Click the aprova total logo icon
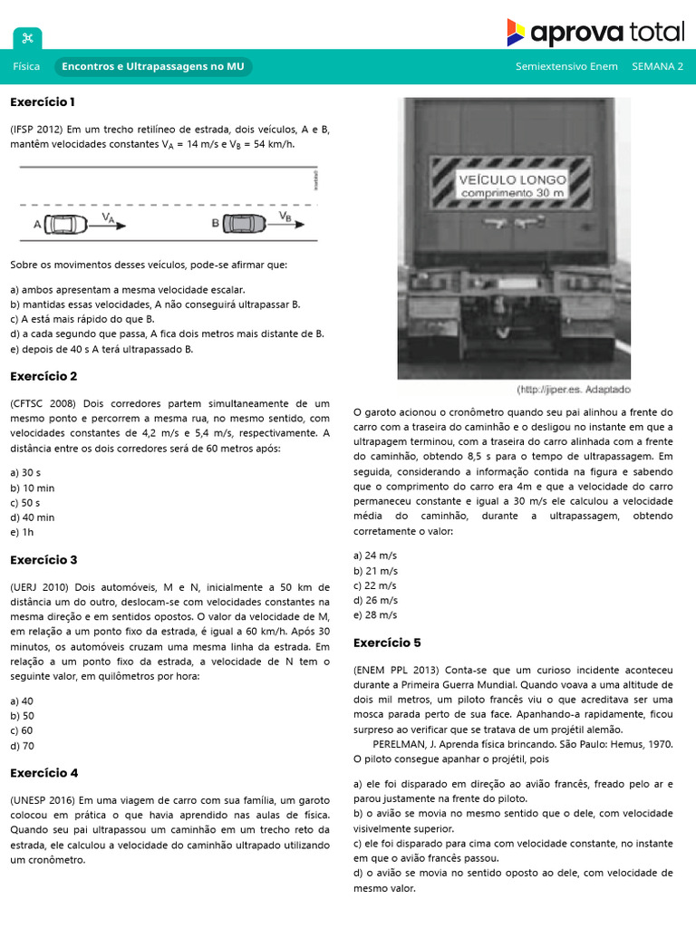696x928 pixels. click(515, 32)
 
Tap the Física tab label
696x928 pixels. click(26, 67)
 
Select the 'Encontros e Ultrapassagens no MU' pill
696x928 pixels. click(153, 67)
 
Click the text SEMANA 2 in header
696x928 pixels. click(657, 67)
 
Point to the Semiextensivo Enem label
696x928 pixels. click(566, 67)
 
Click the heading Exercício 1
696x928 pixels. click(43, 101)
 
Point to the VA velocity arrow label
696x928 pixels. click(108, 217)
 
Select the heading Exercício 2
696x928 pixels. click(43, 376)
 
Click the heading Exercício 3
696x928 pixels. click(43, 560)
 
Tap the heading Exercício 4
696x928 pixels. click(43, 773)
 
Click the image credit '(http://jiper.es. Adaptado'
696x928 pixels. click(573, 390)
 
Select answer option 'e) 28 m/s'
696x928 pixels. click(375, 614)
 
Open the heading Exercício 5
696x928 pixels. click(387, 643)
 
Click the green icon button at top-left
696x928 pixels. click(27, 38)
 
